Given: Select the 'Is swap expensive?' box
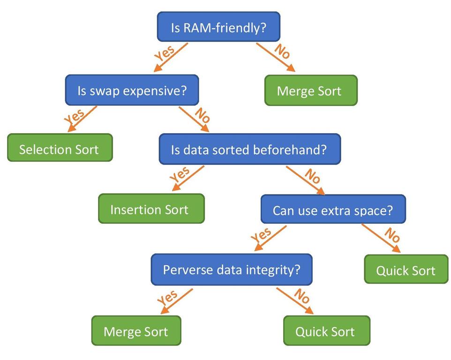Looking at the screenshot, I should point(132,90).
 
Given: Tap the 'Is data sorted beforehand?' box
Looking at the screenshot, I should point(249,150).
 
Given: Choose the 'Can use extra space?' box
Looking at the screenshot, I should point(333,210).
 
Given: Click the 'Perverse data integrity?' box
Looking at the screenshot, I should point(231,270).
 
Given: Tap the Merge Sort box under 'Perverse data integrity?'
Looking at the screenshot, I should point(136,331).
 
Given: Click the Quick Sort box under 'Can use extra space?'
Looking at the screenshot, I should point(406,270).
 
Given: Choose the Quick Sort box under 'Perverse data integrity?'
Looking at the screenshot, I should point(325,331).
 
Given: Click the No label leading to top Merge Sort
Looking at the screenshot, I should point(282,51).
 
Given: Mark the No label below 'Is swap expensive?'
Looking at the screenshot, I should point(202,115).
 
